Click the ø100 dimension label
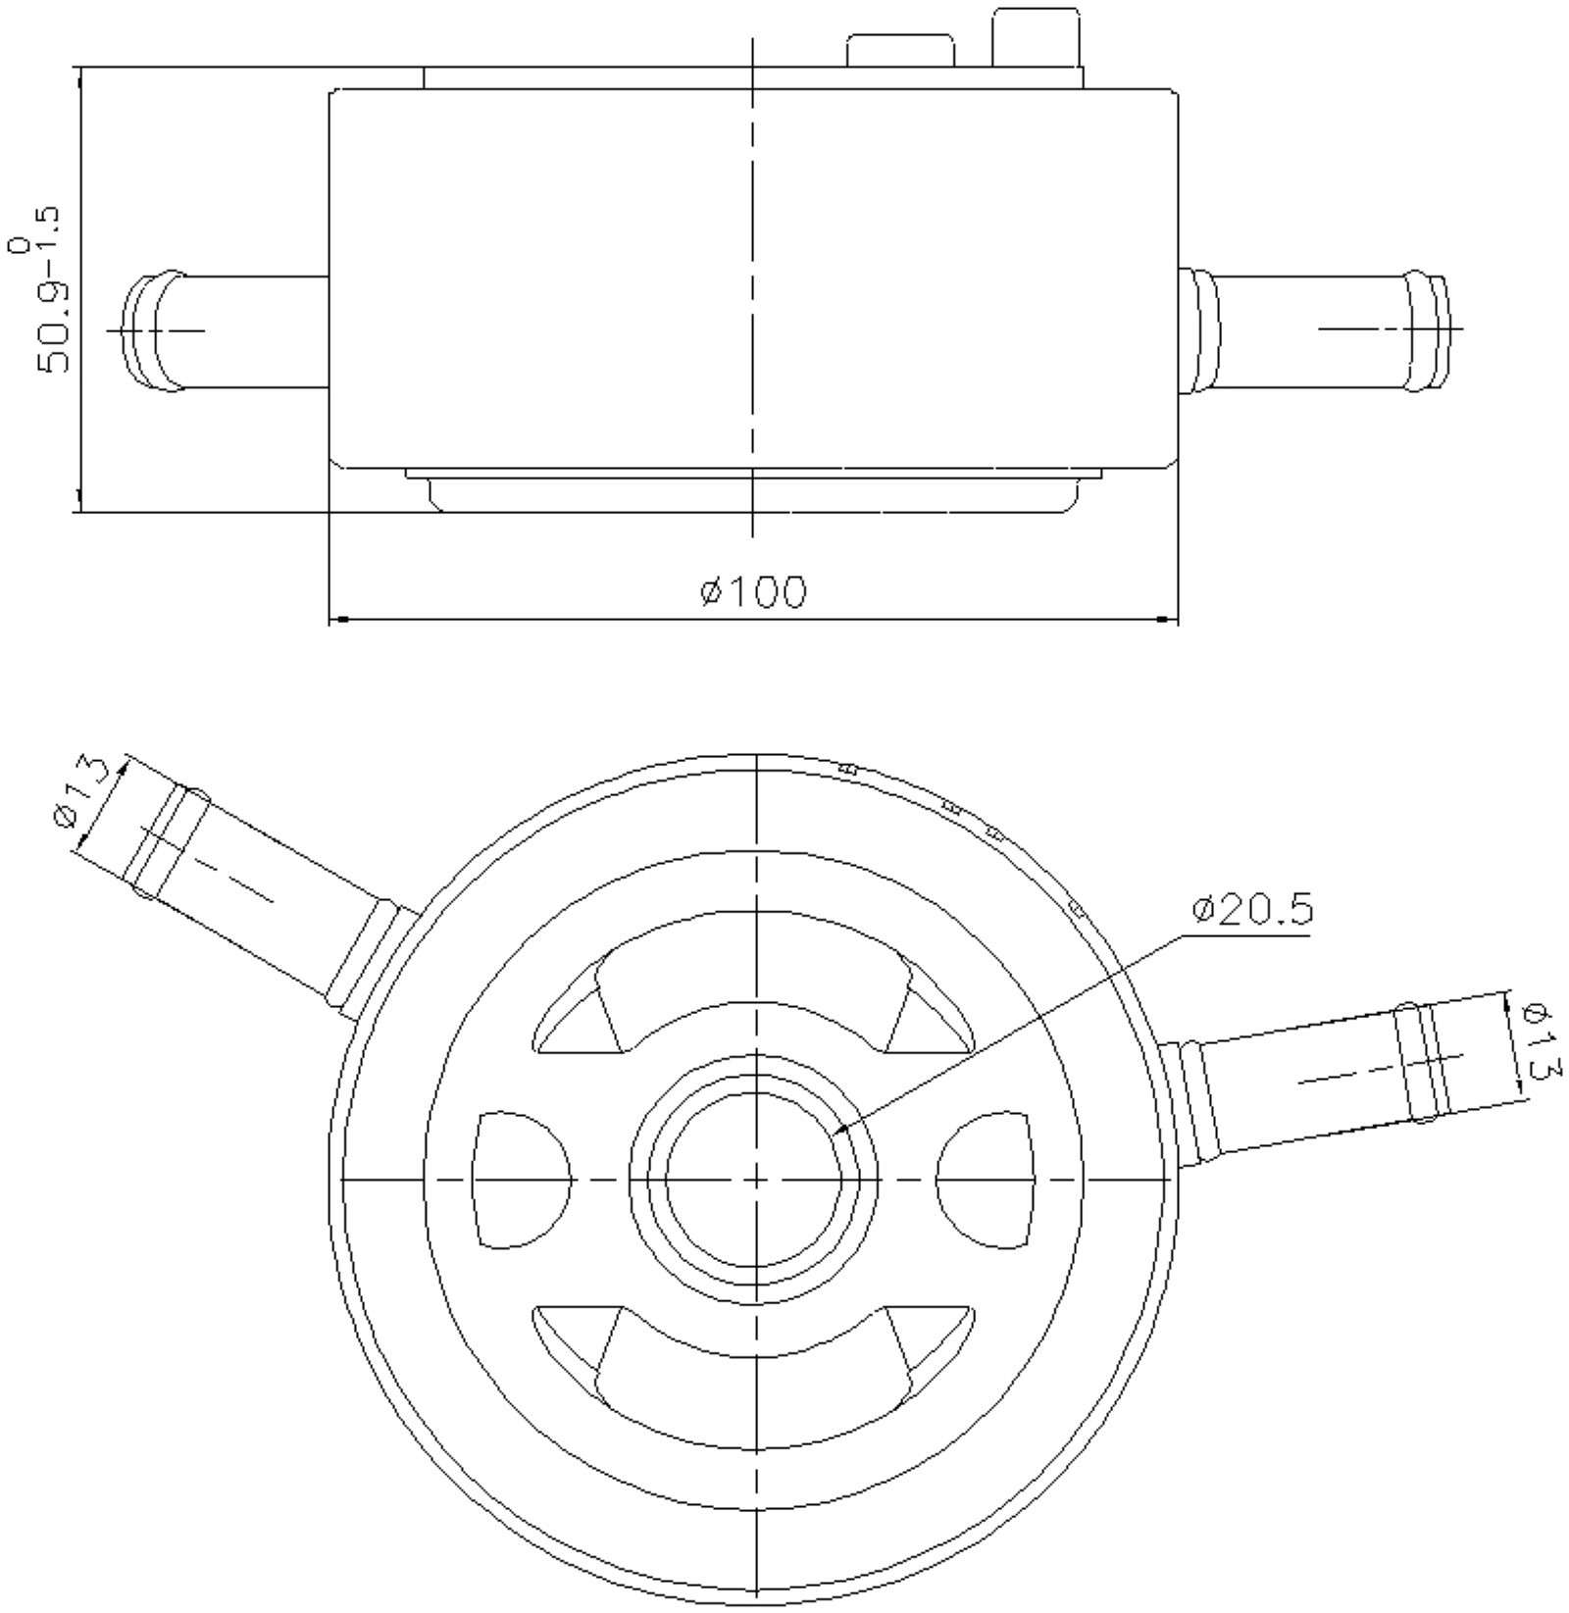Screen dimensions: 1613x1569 point(754,592)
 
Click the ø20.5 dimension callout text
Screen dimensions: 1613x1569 point(1251,910)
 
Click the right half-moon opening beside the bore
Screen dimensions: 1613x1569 point(987,1180)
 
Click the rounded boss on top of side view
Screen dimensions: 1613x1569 point(900,49)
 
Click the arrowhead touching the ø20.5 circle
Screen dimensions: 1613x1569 point(836,1134)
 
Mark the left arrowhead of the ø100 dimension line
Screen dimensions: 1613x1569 point(338,619)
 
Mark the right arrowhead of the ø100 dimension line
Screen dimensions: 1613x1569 point(1167,619)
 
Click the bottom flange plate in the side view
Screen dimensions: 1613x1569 point(753,492)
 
